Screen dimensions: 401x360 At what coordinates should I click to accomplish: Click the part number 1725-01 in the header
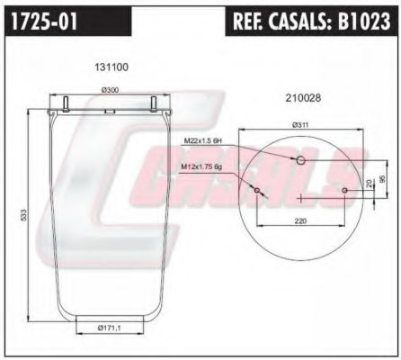coord(44,21)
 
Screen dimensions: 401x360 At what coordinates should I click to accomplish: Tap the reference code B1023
coord(364,21)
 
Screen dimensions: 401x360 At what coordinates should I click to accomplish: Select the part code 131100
coord(111,67)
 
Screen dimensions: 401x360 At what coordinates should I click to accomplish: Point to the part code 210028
coord(303,98)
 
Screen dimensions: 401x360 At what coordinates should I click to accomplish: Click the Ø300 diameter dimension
coord(110,90)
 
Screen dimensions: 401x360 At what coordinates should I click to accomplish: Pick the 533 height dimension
coord(24,215)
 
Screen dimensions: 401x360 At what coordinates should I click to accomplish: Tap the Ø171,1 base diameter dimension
coord(110,328)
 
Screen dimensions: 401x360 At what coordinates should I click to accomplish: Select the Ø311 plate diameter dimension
coord(300,125)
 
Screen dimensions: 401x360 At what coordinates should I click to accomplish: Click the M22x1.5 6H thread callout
coord(202,140)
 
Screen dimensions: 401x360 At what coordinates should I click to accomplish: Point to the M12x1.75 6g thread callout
coord(201,167)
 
